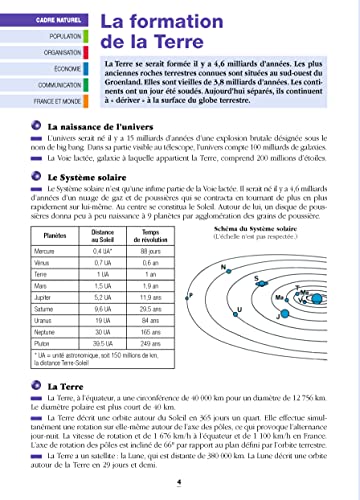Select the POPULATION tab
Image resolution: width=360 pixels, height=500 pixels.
pos(35,35)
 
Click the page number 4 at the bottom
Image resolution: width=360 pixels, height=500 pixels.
pos(178,482)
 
